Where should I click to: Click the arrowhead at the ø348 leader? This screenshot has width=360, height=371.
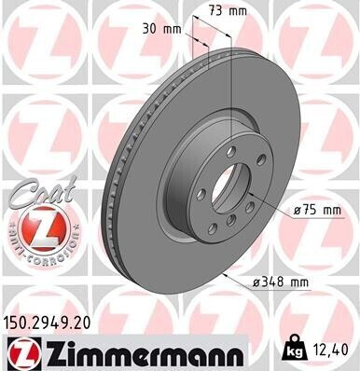(x=226, y=277)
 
